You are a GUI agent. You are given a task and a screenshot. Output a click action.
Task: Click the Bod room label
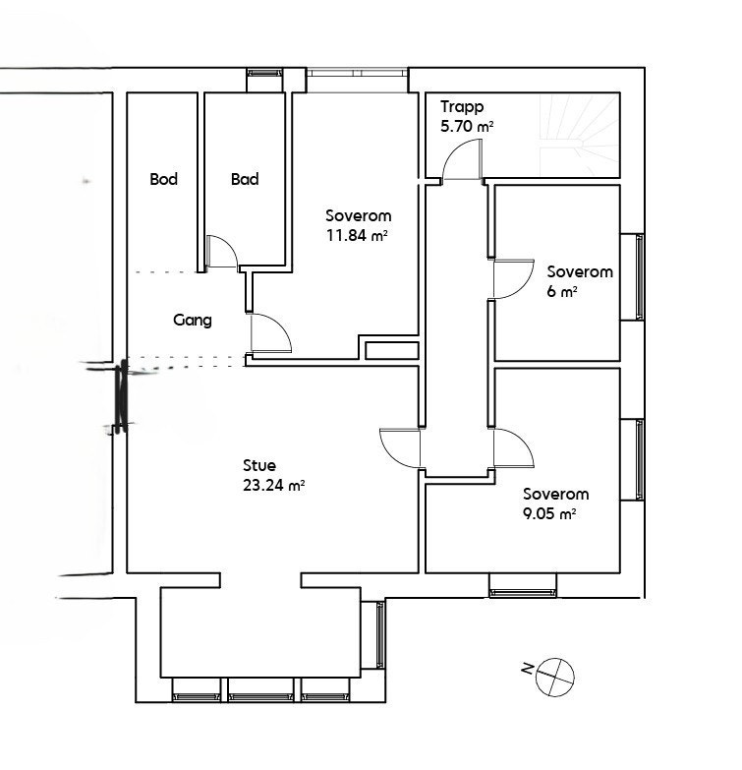click(x=163, y=179)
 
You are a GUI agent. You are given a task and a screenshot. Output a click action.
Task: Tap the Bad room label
click(x=245, y=179)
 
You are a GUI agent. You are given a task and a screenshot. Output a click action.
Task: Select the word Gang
click(x=193, y=320)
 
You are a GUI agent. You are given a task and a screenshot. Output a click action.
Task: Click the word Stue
click(x=259, y=465)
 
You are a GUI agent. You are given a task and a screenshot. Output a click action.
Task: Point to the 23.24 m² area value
click(x=273, y=484)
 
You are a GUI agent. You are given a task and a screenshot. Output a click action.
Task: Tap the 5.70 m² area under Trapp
click(x=467, y=126)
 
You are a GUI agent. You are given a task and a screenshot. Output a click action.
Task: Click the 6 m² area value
click(x=561, y=291)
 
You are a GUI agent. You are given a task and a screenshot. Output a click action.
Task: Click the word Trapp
click(x=462, y=107)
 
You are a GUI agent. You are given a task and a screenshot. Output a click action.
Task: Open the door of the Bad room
click(x=222, y=252)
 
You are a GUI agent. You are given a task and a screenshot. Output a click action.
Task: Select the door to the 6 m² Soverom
click(x=509, y=279)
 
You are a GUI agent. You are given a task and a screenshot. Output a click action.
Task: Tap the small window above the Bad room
click(x=262, y=74)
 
